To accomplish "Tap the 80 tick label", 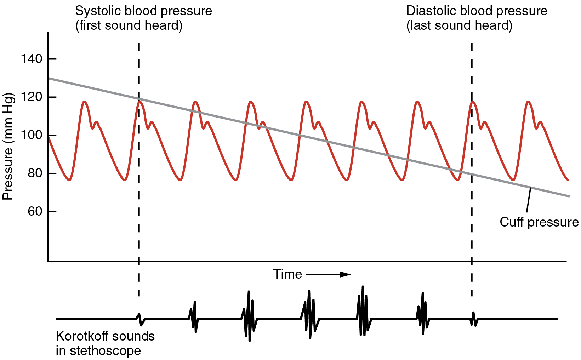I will [x=35, y=173].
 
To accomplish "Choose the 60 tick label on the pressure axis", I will [x=35, y=212].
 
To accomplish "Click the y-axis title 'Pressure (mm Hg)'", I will [x=8, y=147].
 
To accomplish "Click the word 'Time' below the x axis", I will [x=287, y=274].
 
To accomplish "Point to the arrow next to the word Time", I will [x=328, y=274].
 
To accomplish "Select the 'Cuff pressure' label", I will [x=539, y=222].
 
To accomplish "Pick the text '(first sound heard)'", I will [x=129, y=26].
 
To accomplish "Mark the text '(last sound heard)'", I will [x=459, y=26].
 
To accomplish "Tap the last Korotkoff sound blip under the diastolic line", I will [x=474, y=319].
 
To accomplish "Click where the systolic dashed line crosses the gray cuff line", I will [x=139, y=99].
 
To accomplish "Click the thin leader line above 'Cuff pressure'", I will [x=528, y=200].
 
